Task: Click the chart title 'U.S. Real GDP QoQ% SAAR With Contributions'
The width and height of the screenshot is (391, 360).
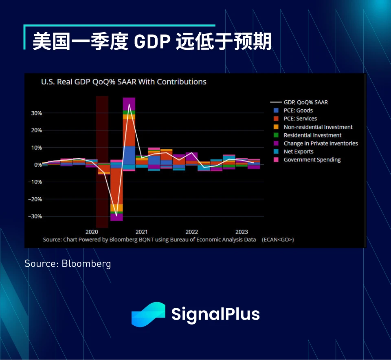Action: [x=123, y=82]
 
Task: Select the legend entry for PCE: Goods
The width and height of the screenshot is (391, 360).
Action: [x=298, y=110]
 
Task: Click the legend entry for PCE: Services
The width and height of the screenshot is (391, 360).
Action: [x=300, y=119]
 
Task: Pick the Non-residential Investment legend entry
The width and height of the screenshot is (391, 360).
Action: [x=318, y=127]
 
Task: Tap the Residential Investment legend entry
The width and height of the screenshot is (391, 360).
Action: [x=312, y=135]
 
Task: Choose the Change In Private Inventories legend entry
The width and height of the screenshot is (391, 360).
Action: [x=321, y=143]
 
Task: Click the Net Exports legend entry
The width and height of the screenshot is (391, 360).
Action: [x=299, y=151]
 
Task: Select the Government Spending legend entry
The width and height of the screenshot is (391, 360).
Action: [x=312, y=159]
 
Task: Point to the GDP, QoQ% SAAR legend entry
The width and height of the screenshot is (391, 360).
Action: [x=305, y=102]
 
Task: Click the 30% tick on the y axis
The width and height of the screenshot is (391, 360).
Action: [x=36, y=113]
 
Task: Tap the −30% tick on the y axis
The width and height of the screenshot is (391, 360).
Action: [x=35, y=216]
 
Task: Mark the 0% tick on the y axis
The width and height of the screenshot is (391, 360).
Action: [x=37, y=165]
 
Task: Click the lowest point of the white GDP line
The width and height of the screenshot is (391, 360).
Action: [x=116, y=216]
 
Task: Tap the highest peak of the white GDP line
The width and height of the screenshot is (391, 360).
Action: [x=129, y=104]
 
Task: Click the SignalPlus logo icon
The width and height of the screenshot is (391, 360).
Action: [x=148, y=314]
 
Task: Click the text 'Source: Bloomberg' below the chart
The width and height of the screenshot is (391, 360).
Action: [x=68, y=263]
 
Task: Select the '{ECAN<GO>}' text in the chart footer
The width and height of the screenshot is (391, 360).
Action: [x=278, y=240]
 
